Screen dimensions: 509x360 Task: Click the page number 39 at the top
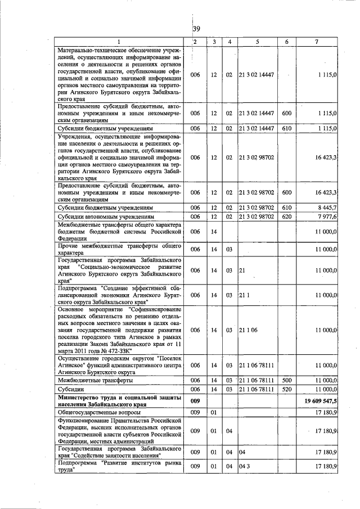tap(196, 29)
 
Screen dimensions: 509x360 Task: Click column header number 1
tap(119, 42)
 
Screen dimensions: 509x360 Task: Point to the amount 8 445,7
tap(326, 208)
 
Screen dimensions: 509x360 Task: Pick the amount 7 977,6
tap(326, 216)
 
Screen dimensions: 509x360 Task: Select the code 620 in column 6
tap(286, 216)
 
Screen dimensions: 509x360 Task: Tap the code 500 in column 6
tap(286, 381)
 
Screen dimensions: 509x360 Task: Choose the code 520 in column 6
tap(286, 389)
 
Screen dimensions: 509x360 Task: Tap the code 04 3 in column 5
tap(244, 466)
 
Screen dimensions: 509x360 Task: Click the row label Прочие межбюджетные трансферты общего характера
tap(119, 249)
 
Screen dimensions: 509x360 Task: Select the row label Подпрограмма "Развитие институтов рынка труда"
tap(119, 466)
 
